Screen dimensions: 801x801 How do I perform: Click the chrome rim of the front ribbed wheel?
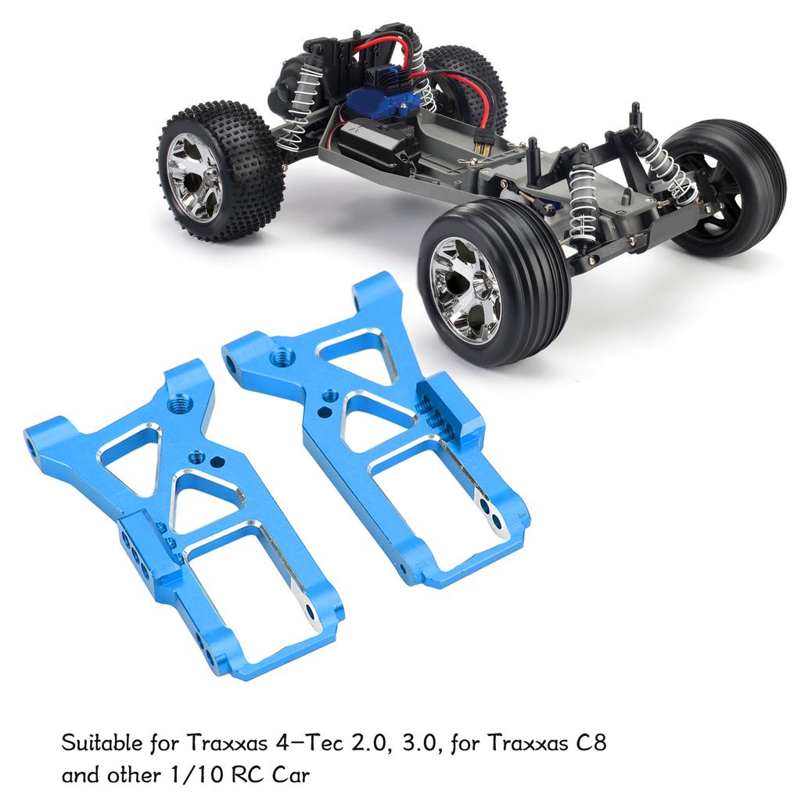point(467,289)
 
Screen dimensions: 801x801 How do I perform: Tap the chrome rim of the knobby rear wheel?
point(195,176)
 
